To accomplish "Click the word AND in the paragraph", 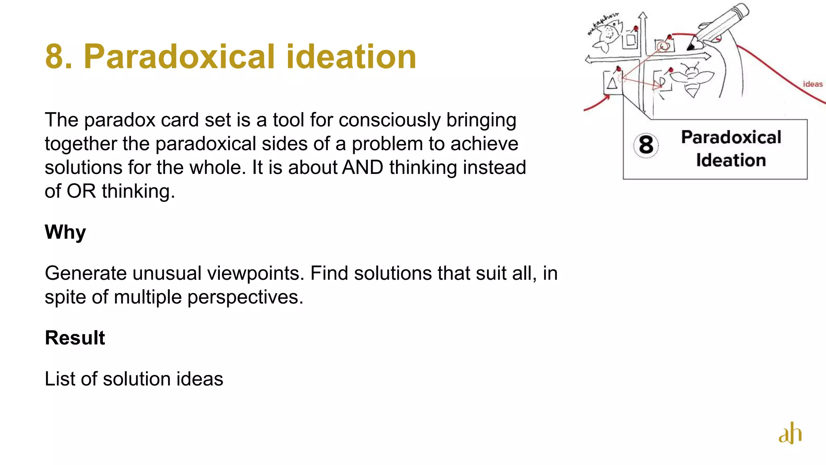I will [x=363, y=168].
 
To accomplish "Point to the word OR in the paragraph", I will [x=81, y=191].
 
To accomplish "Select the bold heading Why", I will [x=65, y=232].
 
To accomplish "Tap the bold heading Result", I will [x=75, y=338].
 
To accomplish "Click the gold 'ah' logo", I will [x=790, y=434].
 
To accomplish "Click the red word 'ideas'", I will [x=813, y=84].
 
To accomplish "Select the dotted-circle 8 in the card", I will [x=646, y=145].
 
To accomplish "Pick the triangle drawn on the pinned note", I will [x=612, y=83].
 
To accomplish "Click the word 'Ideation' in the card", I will [x=731, y=160].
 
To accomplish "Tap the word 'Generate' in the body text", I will [x=86, y=273].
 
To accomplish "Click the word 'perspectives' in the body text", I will [x=245, y=297].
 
